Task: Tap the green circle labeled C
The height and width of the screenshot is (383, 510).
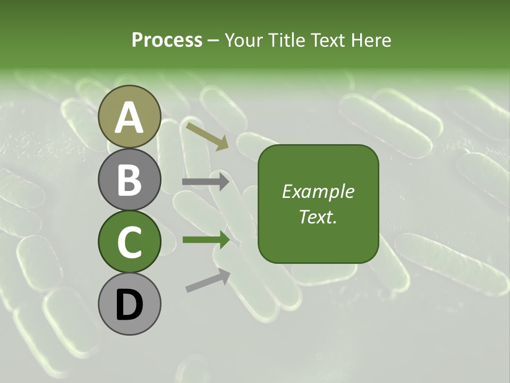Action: click(130, 242)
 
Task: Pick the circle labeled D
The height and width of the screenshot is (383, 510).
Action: click(130, 304)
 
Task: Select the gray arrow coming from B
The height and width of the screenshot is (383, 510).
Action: click(206, 182)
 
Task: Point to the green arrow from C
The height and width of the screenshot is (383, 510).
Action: click(206, 240)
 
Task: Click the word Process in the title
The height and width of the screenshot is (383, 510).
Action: click(167, 40)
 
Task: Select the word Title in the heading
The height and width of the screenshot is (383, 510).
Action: click(285, 40)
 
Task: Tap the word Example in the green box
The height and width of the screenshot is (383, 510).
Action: click(318, 191)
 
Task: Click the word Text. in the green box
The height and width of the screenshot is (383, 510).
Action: click(318, 217)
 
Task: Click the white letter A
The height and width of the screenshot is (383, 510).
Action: click(130, 118)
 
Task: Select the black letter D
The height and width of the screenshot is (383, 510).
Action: click(130, 305)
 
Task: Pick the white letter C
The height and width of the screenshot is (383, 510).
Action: click(130, 242)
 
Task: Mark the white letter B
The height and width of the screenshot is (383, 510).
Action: click(130, 180)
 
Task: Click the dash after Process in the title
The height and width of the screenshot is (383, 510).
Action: click(214, 41)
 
